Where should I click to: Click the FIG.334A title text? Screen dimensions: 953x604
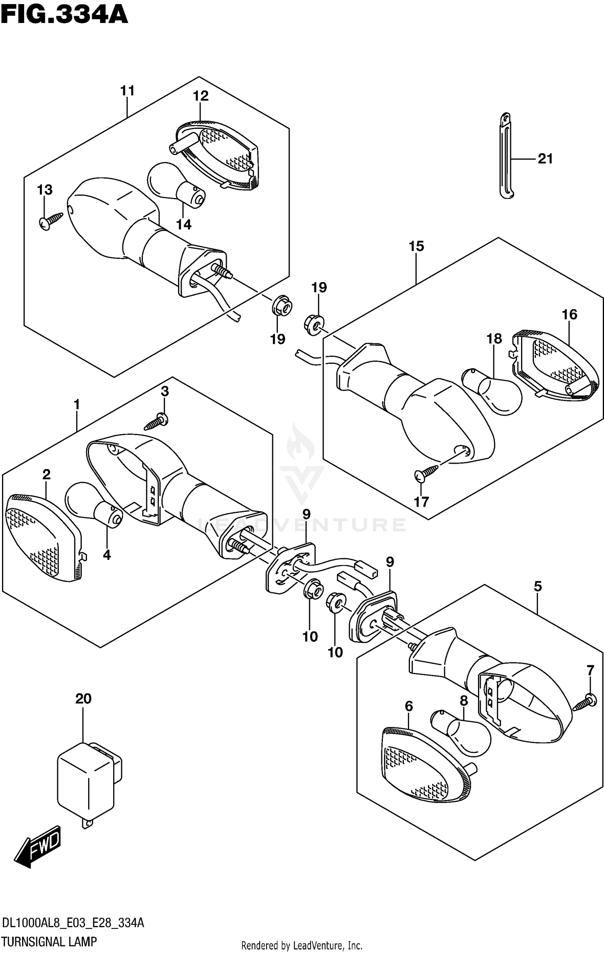64,15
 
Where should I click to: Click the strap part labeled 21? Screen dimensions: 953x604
507,157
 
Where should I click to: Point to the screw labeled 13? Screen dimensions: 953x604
52,220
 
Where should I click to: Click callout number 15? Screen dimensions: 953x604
416,246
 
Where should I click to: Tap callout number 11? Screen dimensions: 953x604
127,91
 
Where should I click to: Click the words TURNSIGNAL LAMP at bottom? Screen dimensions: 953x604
49,941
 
